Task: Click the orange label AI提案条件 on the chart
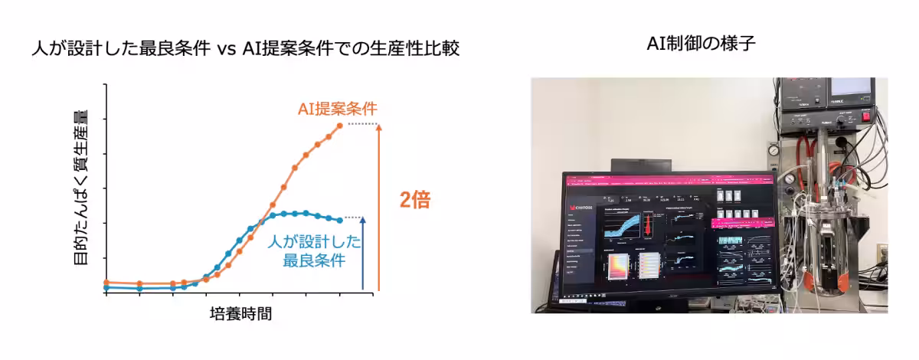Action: pyautogui.click(x=337, y=109)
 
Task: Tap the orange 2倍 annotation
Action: pyautogui.click(x=415, y=200)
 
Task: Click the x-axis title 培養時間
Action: pyautogui.click(x=240, y=313)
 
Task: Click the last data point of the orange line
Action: pyautogui.click(x=340, y=125)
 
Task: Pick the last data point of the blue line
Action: pyautogui.click(x=340, y=220)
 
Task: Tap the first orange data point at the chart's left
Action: pyautogui.click(x=106, y=283)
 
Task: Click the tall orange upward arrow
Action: pyautogui.click(x=378, y=207)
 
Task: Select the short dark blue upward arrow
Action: pyautogui.click(x=363, y=253)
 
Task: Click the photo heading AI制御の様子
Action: pyautogui.click(x=702, y=45)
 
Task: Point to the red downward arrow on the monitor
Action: pyautogui.click(x=647, y=225)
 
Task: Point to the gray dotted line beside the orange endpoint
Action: pyautogui.click(x=363, y=124)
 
